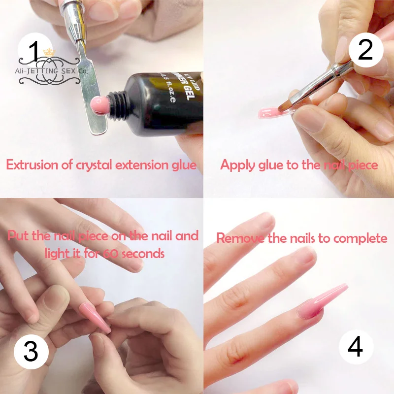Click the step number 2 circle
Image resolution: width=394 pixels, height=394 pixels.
coord(365,50)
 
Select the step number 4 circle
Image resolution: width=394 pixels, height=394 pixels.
coord(355,348)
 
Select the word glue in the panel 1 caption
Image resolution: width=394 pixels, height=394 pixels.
coord(182,164)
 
